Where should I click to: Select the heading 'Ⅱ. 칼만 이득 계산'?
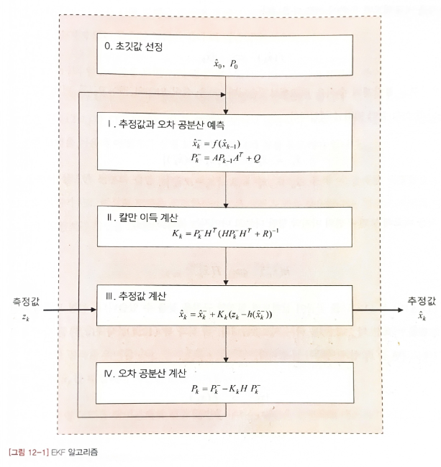coord(143,216)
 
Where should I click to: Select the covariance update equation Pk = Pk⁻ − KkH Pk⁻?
coord(227,389)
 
